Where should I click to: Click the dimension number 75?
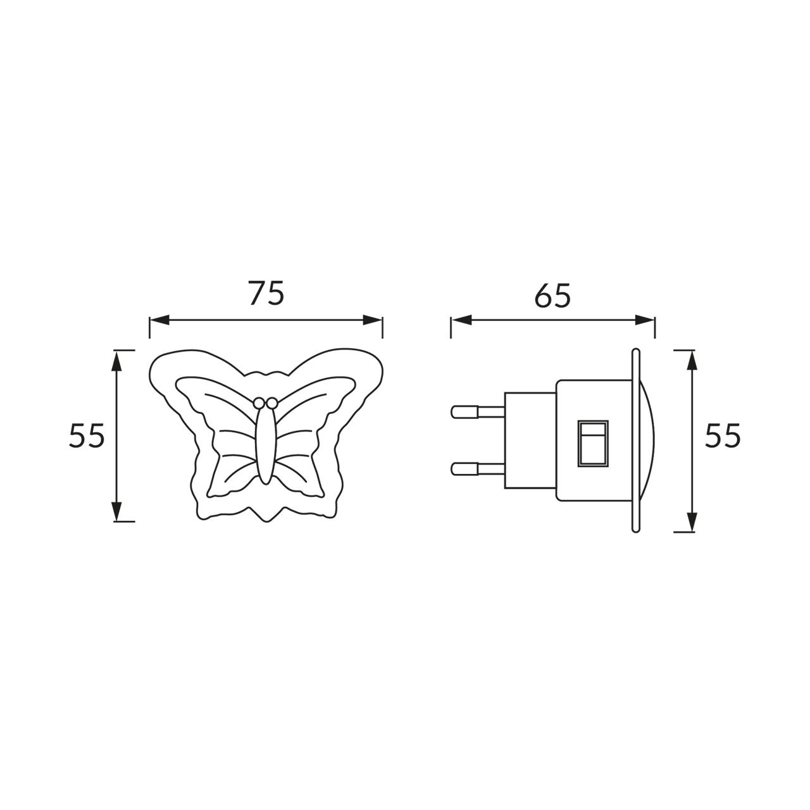[x=266, y=292]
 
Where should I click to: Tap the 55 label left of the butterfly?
[x=87, y=436]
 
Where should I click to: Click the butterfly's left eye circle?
[x=259, y=403]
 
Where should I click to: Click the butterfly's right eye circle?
[x=272, y=403]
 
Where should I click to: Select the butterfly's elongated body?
[x=266, y=445]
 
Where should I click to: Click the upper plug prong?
[x=478, y=411]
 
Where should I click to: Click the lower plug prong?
[x=478, y=469]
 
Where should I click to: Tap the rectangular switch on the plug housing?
[x=593, y=443]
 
